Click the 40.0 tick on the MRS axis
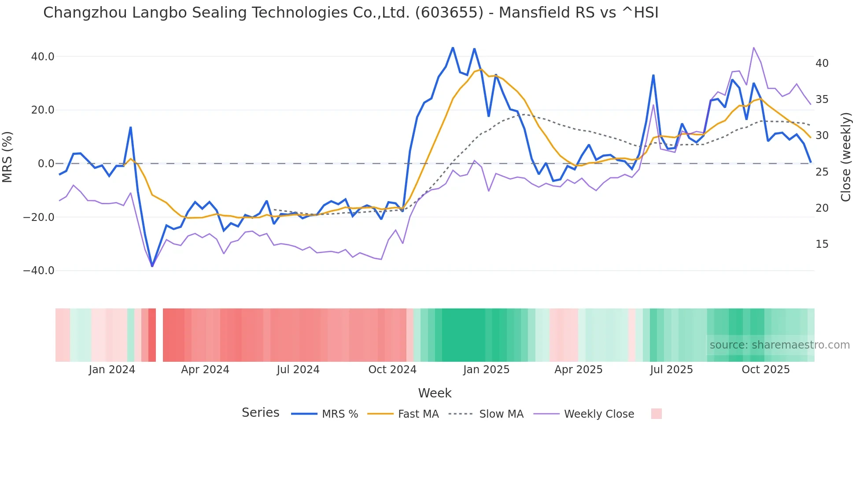pyautogui.click(x=43, y=57)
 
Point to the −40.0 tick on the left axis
pyautogui.click(x=39, y=271)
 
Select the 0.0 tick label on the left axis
pyautogui.click(x=46, y=164)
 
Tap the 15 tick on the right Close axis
pyautogui.click(x=822, y=244)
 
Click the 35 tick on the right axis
pyautogui.click(x=822, y=99)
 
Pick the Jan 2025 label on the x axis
pyautogui.click(x=486, y=370)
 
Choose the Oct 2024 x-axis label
pyautogui.click(x=392, y=370)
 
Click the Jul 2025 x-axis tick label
pyautogui.click(x=671, y=370)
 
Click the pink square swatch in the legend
pyautogui.click(x=656, y=414)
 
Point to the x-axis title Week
pyautogui.click(x=435, y=393)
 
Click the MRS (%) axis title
pyautogui.click(x=7, y=157)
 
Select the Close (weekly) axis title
pyautogui.click(x=845, y=157)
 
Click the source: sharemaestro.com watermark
pyautogui.click(x=779, y=345)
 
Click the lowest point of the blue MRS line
pyautogui.click(x=152, y=266)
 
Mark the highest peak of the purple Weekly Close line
pyautogui.click(x=754, y=48)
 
